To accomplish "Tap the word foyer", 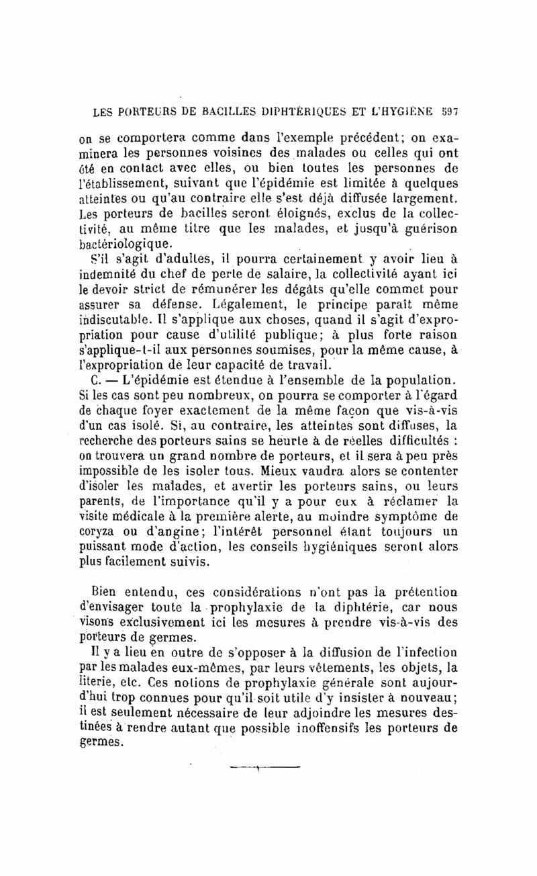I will tap(154, 409).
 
